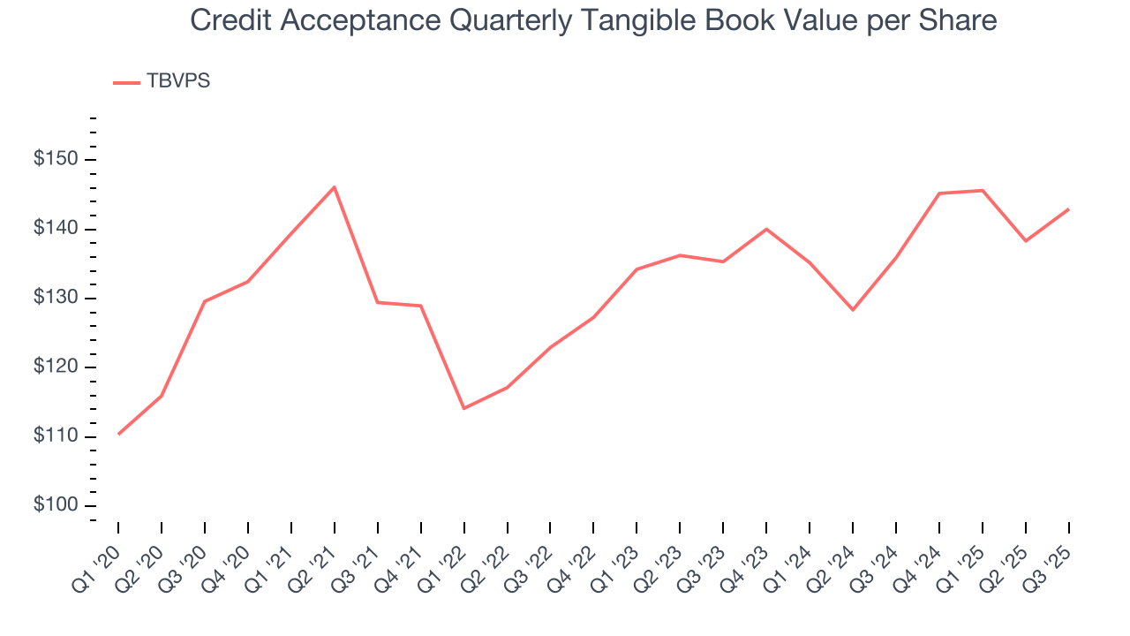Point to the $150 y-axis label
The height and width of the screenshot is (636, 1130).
[x=56, y=160]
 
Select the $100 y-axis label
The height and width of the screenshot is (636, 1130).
[x=56, y=506]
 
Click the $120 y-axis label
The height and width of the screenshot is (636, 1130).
[x=56, y=367]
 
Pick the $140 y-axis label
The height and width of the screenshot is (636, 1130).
[x=56, y=230]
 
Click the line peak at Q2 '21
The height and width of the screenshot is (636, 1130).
[x=334, y=186]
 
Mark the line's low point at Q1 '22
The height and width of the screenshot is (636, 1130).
[x=463, y=408]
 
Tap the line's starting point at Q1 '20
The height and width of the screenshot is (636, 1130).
[x=117, y=434]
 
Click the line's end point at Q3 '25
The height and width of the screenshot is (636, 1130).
[x=1069, y=209]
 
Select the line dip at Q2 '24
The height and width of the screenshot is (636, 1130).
[x=853, y=310]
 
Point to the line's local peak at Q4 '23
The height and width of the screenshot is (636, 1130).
[x=766, y=229]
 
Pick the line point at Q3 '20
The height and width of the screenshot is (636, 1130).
[x=204, y=301]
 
